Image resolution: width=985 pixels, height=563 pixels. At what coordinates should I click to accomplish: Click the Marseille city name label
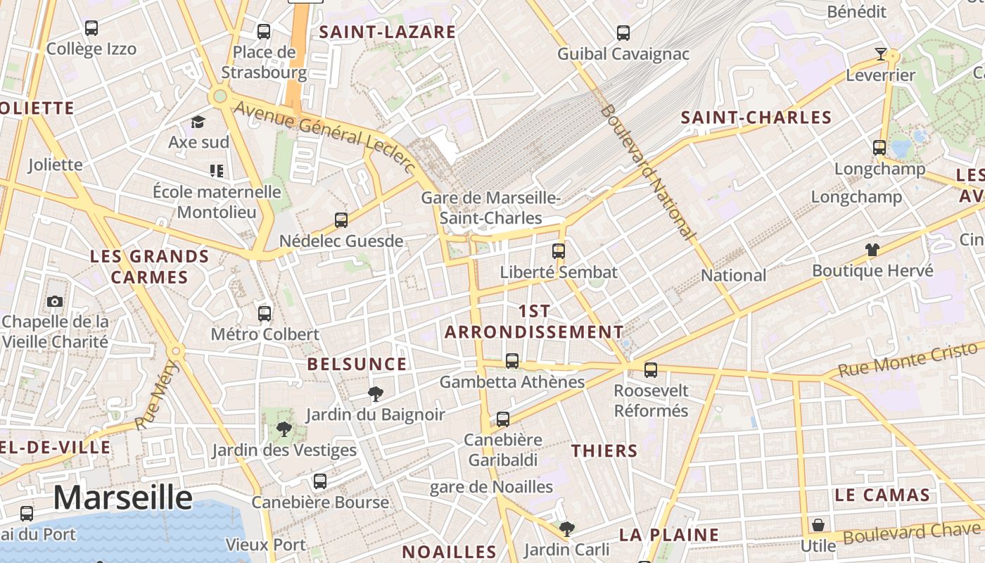123,498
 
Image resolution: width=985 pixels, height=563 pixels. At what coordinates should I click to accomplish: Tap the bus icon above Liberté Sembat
559,251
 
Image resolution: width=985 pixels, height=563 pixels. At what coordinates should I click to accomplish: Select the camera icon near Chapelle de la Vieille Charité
55,301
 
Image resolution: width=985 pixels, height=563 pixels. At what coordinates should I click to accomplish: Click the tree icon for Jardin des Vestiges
284,429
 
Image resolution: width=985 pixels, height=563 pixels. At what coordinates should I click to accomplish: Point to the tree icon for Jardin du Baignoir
376,393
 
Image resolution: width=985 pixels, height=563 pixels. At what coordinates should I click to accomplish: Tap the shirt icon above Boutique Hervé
872,249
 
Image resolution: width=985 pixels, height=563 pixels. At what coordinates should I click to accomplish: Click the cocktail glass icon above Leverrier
880,53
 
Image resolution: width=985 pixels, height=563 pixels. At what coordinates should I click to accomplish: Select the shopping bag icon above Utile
818,525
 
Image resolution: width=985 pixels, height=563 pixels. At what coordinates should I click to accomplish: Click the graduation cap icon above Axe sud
198,122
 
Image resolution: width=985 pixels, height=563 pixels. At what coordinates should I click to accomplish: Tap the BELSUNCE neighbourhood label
357,364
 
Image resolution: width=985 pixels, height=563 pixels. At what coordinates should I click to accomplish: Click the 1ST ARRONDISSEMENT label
535,322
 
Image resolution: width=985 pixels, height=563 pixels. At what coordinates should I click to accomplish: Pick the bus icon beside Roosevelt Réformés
651,369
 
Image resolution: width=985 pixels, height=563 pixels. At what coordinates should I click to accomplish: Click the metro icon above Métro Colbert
265,313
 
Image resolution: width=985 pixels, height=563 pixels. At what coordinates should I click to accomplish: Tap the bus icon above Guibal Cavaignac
623,32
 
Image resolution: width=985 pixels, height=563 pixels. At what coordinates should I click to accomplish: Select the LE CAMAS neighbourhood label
882,495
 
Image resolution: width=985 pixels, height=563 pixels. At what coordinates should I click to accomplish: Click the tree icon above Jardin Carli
566,529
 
